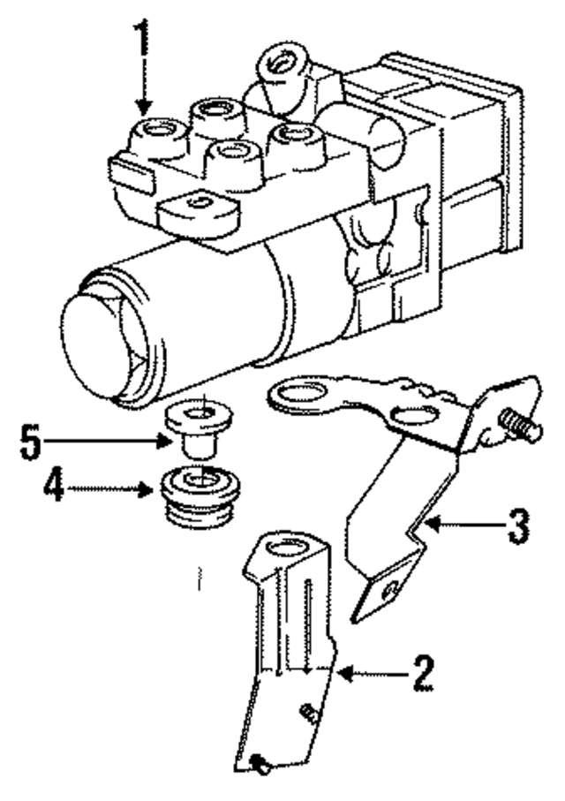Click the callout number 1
141,40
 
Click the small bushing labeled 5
195,425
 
